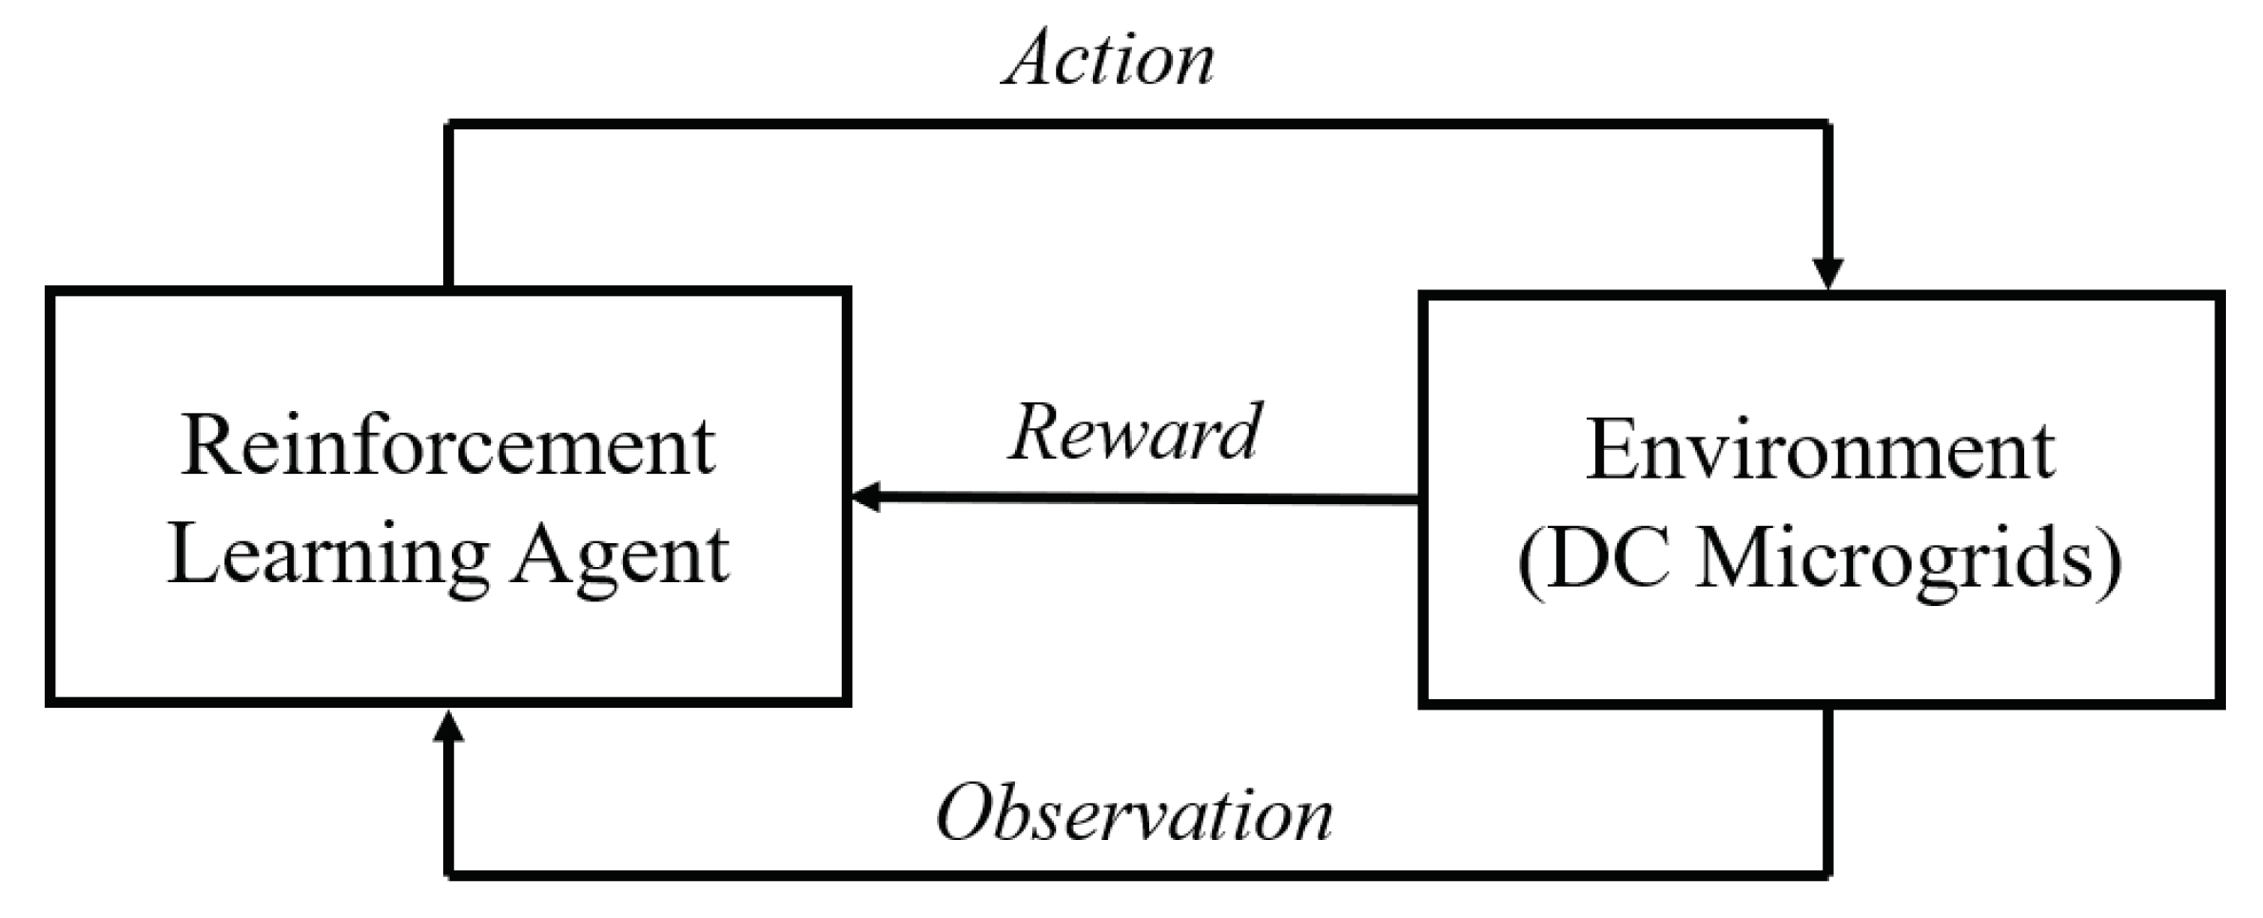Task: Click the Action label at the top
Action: (x=1109, y=59)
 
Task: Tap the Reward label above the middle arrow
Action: (x=1135, y=433)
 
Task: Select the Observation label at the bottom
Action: (x=1135, y=814)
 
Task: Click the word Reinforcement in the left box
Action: (x=447, y=447)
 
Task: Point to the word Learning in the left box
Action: (x=328, y=557)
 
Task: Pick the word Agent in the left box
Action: (x=621, y=557)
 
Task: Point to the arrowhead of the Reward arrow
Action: (x=866, y=497)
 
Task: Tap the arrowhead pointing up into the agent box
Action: (x=448, y=729)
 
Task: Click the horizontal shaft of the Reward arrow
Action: (x=1141, y=498)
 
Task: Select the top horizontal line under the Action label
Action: (x=1137, y=125)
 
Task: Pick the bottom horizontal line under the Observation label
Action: (x=1137, y=873)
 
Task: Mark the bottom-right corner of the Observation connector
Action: (x=1827, y=872)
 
